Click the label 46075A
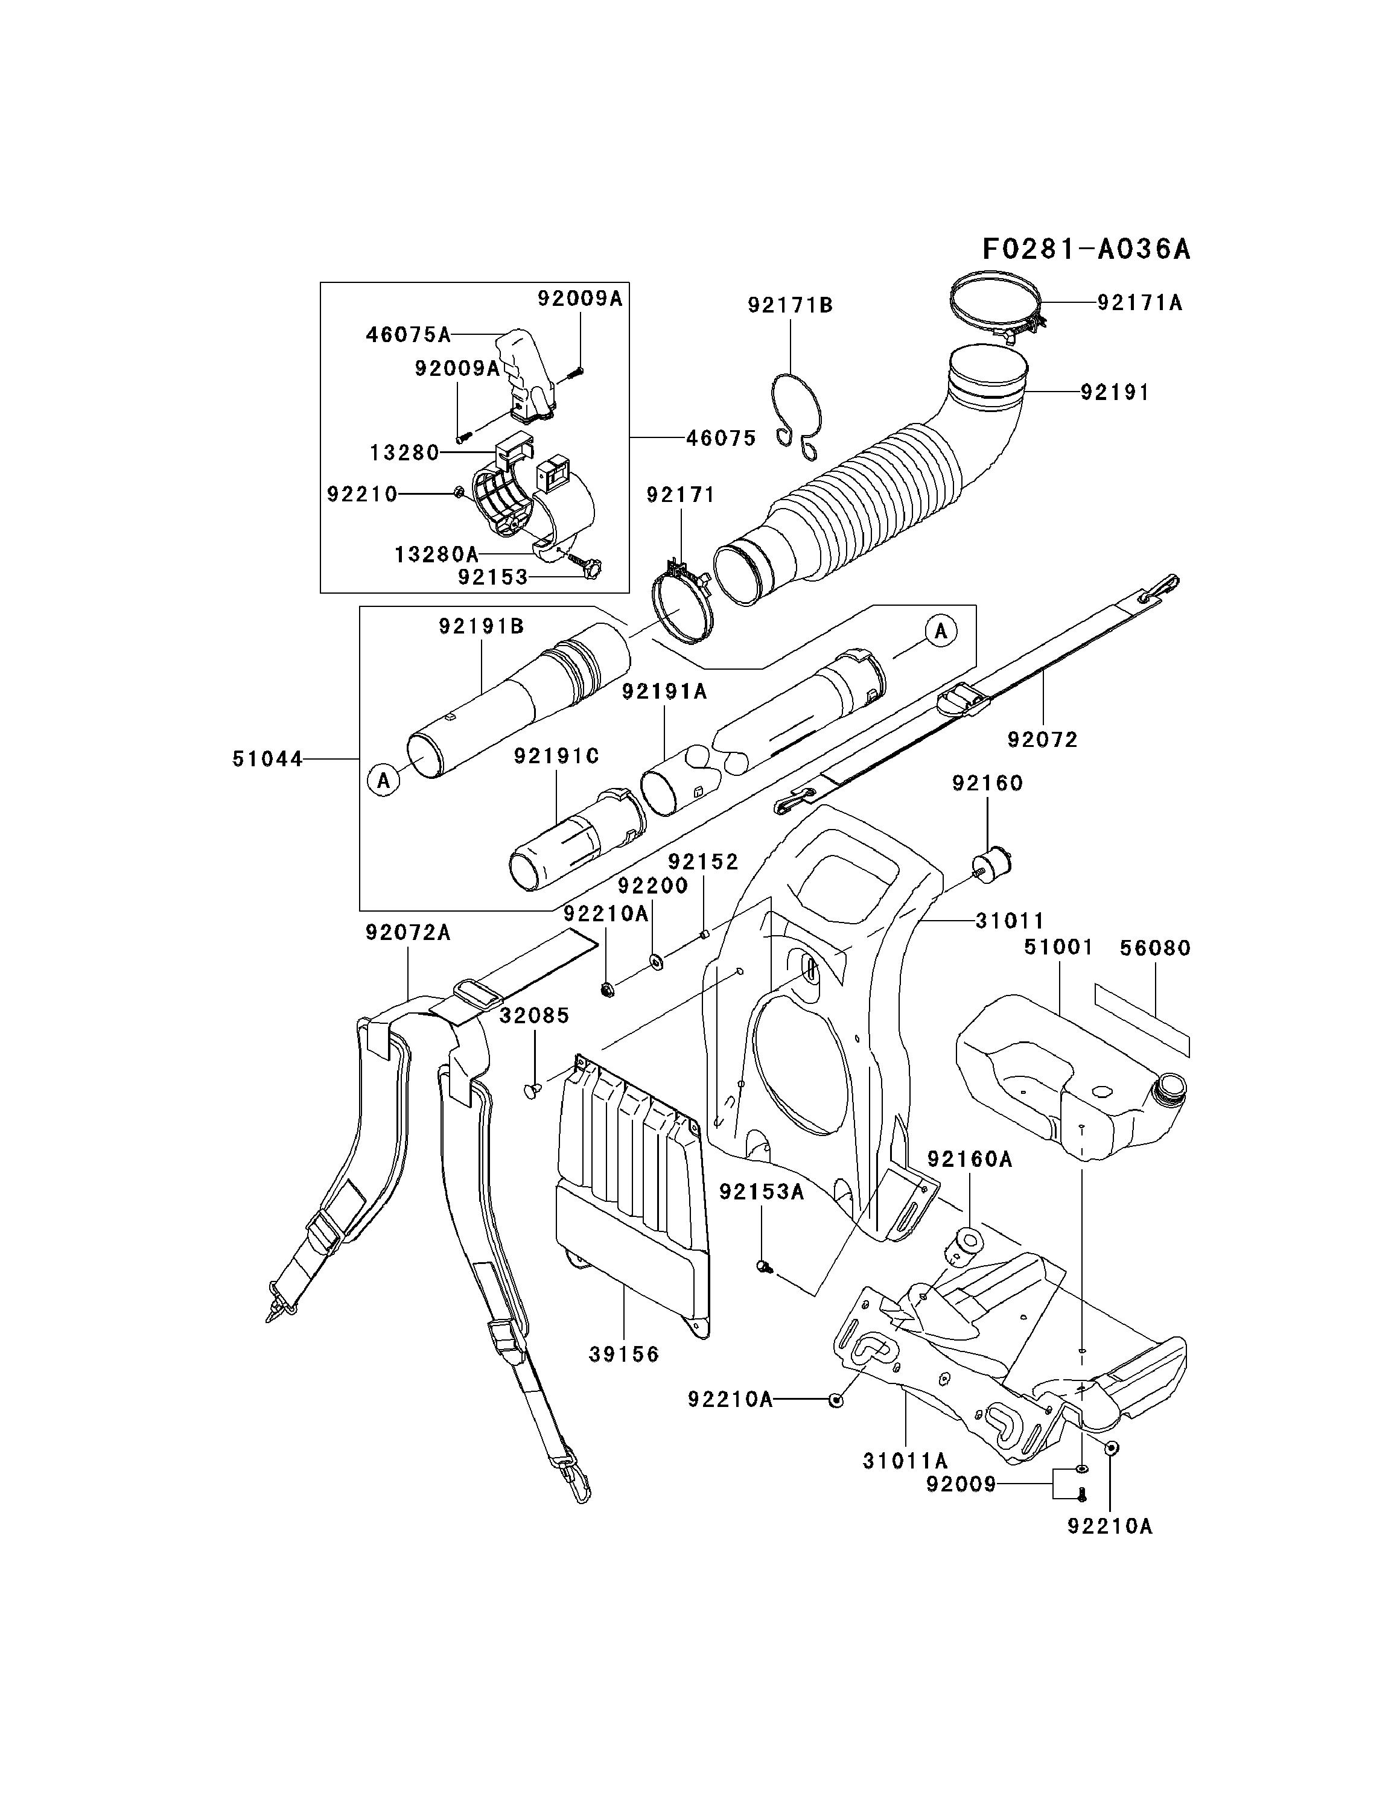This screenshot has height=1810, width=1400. [x=409, y=335]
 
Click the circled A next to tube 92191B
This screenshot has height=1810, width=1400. [x=384, y=780]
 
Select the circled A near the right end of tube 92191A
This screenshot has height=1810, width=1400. [x=941, y=632]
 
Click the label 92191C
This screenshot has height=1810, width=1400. [x=556, y=757]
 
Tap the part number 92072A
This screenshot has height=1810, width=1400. [x=408, y=933]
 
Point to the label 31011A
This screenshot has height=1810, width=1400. [x=905, y=1460]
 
